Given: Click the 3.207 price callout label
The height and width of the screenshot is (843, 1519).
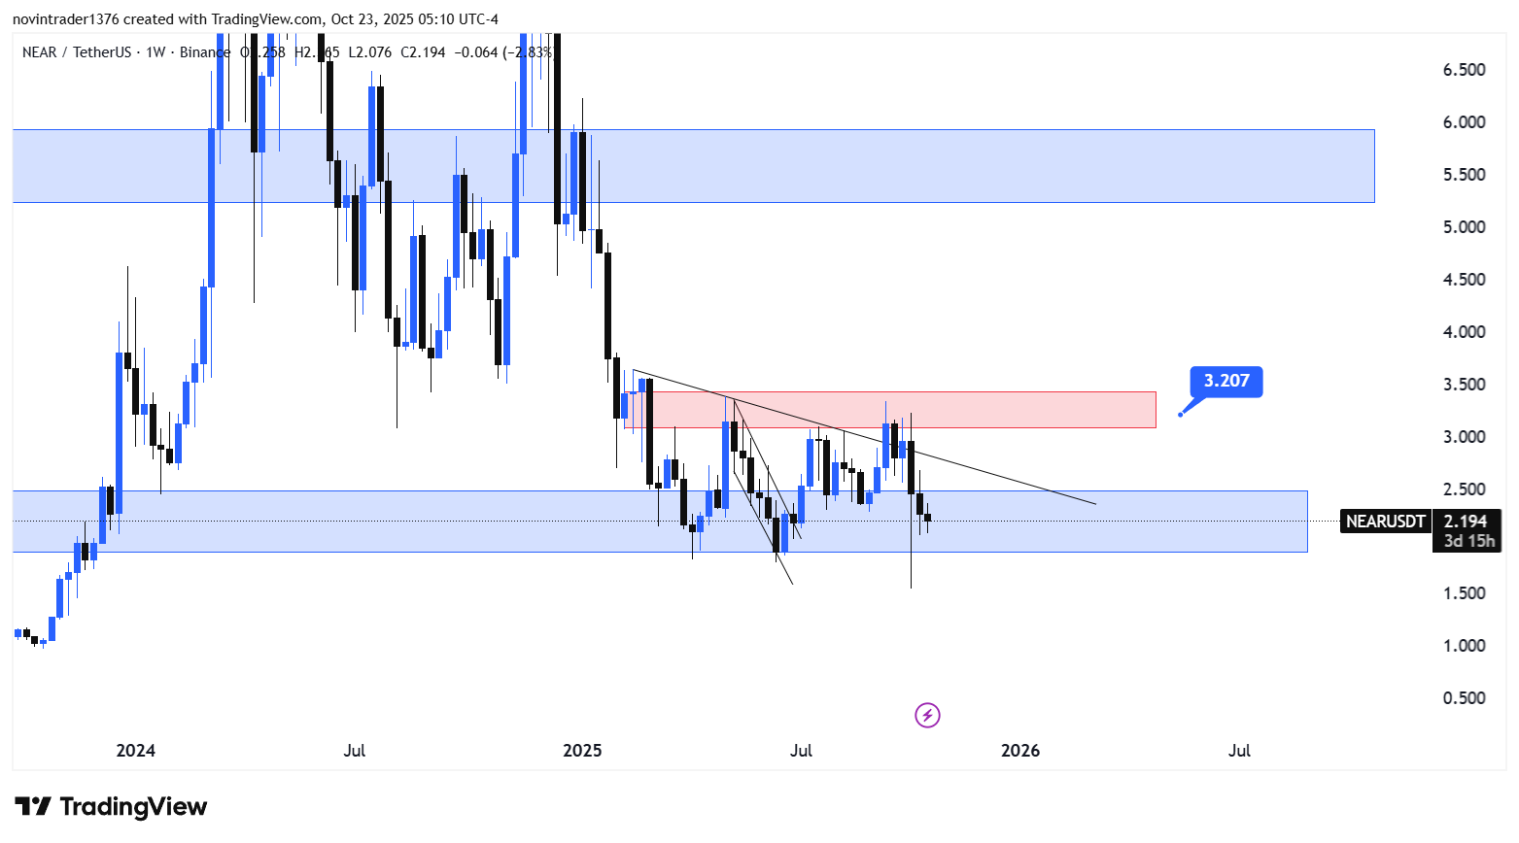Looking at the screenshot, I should coord(1226,381).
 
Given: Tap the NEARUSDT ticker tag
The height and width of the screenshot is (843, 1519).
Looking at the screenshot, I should coord(1385,522).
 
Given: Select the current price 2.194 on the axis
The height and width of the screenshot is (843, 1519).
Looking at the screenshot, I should coord(1465,522).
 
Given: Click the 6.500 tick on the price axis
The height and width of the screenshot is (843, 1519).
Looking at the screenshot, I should coord(1464,70).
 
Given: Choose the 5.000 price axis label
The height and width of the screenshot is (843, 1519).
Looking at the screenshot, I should coord(1464,227).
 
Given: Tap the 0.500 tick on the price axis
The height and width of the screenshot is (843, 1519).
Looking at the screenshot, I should coord(1464,698).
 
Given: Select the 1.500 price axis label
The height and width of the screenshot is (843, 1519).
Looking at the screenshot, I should coord(1464,593).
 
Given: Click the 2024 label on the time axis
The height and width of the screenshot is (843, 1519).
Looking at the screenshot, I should coord(135,751).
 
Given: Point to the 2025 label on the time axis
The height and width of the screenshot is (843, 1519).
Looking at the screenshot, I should coord(582,751).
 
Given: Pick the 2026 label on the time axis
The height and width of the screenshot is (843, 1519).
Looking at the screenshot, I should coord(1019,751).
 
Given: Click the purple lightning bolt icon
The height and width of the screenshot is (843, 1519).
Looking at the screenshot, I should coord(927,716).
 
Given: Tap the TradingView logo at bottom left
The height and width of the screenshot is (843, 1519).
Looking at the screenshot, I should coord(111,807).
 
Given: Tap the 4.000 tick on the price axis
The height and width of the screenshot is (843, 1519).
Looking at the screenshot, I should coord(1464,332).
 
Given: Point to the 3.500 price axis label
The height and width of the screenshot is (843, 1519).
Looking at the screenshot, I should coord(1464,385).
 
